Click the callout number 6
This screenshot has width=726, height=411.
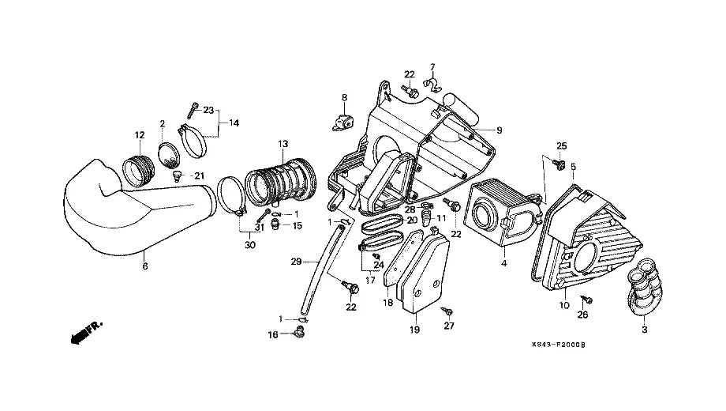coord(145,266)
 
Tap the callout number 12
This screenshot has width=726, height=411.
coord(139,135)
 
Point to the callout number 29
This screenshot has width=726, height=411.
coord(296,261)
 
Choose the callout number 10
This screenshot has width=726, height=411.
coord(564,304)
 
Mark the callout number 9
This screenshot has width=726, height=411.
coord(498,129)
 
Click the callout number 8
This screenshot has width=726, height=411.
coord(344,97)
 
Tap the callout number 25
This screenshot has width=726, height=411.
coord(562,145)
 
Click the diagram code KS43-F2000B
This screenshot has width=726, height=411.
coord(564,345)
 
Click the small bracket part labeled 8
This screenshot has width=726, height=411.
coord(338,123)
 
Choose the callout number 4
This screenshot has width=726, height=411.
coord(503,262)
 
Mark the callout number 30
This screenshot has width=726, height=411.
coord(250,245)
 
